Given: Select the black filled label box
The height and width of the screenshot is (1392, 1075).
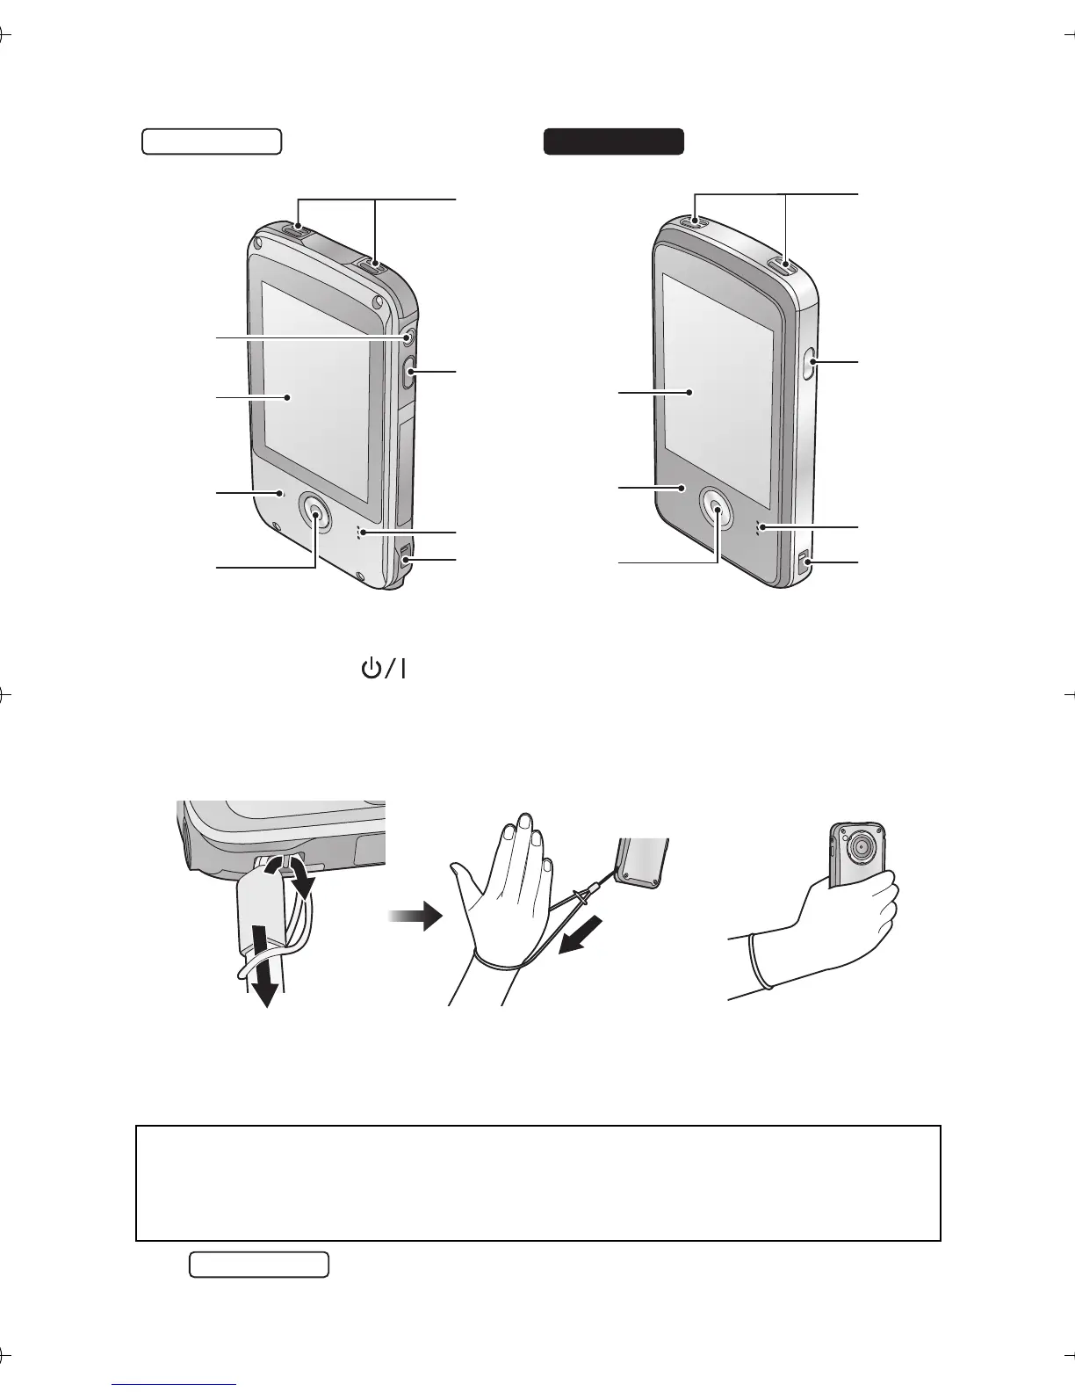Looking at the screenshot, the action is coord(613,141).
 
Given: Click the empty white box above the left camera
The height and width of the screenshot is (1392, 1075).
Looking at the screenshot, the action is coord(212,141).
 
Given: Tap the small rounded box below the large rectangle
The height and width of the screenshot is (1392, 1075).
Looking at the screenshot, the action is coord(258,1265).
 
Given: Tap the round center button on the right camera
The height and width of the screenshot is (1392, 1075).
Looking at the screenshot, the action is coord(718,509).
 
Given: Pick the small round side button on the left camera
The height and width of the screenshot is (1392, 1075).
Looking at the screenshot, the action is coord(409,338).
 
